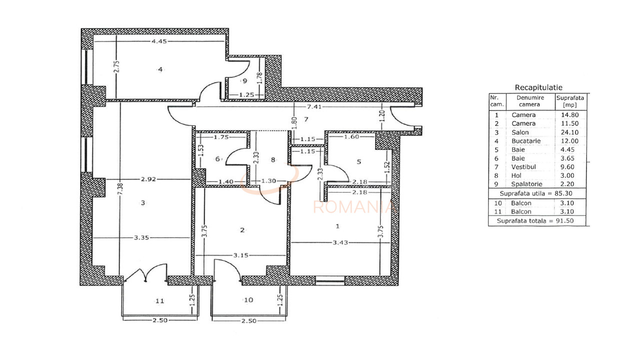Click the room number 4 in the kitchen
coord(160,69)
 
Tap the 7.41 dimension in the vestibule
coord(301,106)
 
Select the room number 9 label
coord(245,80)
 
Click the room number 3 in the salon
coord(143,202)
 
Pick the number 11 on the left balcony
coord(159,300)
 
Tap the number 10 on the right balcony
coord(249,300)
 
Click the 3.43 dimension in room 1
coord(340,242)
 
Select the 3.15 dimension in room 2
coord(241,255)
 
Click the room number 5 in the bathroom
coord(358,161)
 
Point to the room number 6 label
coord(217,159)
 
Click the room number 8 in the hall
coord(272,160)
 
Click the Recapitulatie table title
coord(538,88)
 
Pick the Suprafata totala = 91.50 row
coord(538,220)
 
